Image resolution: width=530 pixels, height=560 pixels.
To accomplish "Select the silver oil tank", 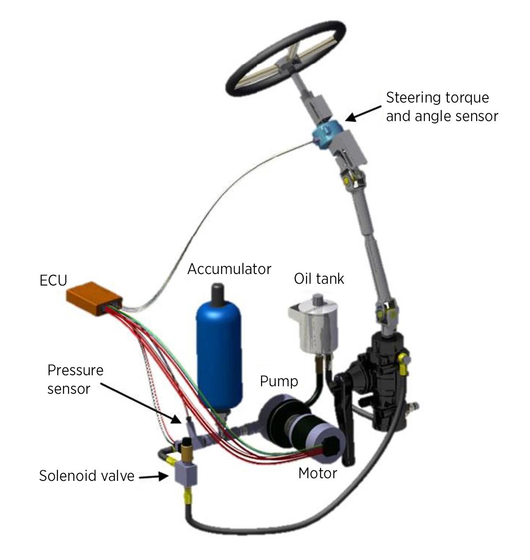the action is pos(314,325).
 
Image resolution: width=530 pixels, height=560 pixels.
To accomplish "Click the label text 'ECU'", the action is pos(53,280).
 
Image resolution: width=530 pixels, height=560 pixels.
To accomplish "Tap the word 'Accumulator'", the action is pos(229,269).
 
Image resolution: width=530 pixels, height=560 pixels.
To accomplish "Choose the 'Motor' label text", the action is pos(318,473).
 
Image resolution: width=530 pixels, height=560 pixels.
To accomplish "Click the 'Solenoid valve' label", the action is pos(87,476).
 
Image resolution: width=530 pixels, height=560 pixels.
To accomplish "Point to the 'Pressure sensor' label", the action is pos(76,379).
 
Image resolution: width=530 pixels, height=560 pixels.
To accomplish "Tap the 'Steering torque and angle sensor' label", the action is pos(442,107).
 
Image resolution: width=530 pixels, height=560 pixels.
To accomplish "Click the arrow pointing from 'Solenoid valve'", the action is pos(154,476).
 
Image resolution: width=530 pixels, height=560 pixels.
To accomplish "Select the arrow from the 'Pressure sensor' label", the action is pos(141,404).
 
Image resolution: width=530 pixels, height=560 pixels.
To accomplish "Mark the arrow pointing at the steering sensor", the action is pos(363,114).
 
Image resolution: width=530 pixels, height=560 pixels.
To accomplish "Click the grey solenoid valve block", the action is pos(185,473).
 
